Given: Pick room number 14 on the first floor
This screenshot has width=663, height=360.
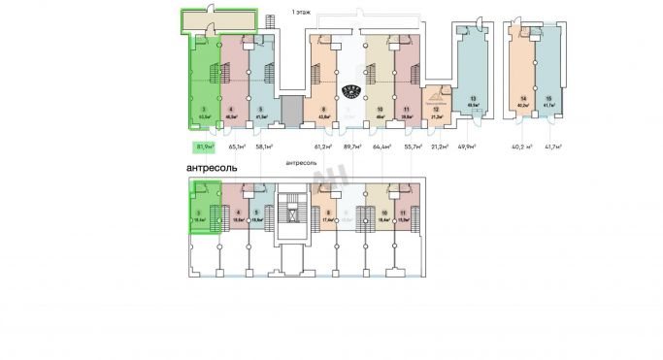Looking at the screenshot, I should point(522,99).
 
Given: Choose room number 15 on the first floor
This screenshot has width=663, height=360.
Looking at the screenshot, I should point(548,99).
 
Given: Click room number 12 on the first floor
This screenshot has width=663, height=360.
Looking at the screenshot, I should point(437,111).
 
